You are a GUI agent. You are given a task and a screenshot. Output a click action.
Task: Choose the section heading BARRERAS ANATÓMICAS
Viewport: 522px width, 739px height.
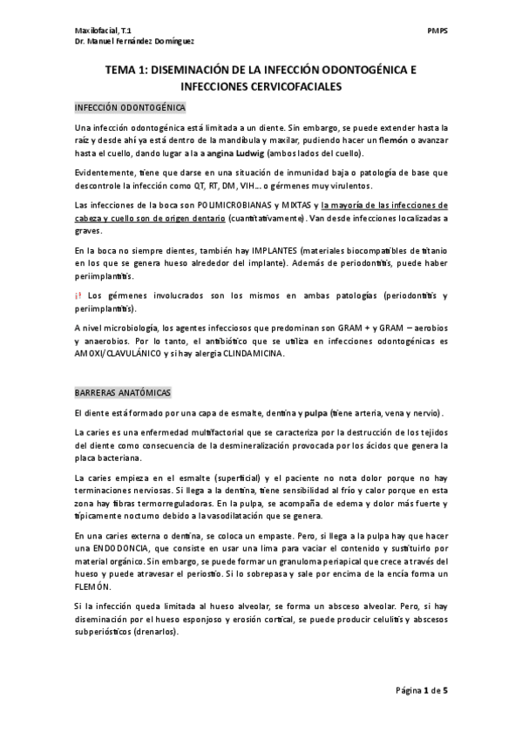123,393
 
